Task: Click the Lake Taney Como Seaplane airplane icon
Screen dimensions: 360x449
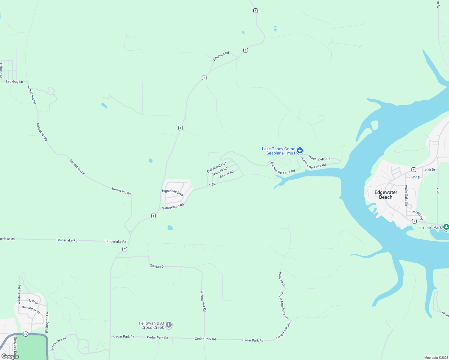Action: (x=300, y=150)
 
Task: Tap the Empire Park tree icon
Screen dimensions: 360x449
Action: (x=446, y=227)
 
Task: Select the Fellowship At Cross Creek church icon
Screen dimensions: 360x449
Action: (x=169, y=325)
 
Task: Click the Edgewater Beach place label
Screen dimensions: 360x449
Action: (x=386, y=195)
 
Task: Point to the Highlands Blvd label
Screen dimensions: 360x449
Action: (x=173, y=193)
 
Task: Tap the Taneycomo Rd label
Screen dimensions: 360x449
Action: (x=173, y=207)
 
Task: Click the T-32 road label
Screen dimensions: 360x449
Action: (x=212, y=184)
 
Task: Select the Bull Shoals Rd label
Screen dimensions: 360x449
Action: (x=216, y=167)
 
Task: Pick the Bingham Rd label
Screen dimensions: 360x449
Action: (x=221, y=56)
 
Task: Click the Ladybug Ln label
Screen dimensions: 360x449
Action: (x=14, y=82)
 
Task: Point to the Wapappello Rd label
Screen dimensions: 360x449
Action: (x=319, y=158)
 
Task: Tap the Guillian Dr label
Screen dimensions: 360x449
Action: (x=157, y=266)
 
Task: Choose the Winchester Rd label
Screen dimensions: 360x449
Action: (x=203, y=301)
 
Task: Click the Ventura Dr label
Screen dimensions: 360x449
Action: (x=282, y=279)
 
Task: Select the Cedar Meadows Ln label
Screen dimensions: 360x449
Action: (x=284, y=305)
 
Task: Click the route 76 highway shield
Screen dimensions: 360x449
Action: (x=26, y=334)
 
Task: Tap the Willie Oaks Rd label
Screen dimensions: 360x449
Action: (x=406, y=196)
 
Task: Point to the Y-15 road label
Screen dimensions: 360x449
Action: (x=416, y=177)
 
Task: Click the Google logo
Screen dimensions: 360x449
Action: (x=10, y=356)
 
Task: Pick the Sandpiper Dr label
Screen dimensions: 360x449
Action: (x=31, y=309)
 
